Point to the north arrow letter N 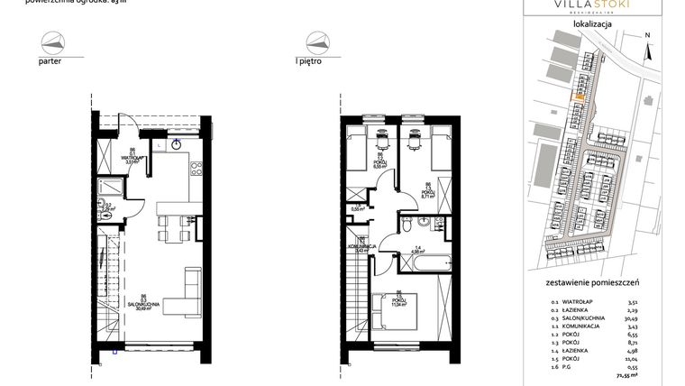(647, 36)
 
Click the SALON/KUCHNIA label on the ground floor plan (144, 304)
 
